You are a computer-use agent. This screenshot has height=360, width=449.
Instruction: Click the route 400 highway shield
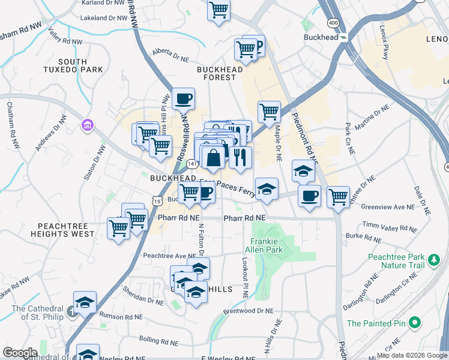click(332, 23)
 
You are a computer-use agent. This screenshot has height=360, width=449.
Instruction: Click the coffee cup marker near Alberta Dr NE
click(183, 98)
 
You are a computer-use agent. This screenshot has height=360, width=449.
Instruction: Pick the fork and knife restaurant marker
click(240, 157)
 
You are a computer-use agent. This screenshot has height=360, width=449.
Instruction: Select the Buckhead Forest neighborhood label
click(220, 73)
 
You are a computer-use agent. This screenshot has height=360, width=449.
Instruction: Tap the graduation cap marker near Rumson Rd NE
click(85, 302)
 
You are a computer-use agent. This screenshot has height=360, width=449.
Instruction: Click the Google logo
click(20, 353)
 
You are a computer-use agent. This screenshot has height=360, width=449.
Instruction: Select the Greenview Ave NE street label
click(389, 207)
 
